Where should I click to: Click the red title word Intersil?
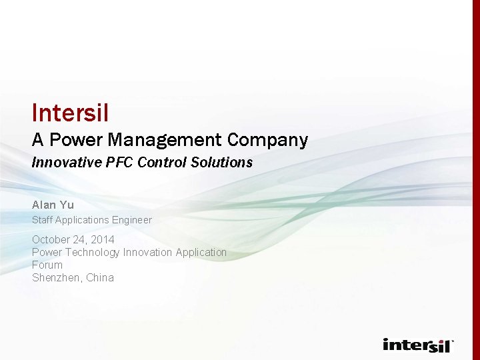70,113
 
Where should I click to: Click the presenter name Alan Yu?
53,205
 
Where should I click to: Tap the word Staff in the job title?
42,220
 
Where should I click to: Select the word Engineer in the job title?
131,220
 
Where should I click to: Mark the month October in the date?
51,239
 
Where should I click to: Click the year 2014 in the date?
103,239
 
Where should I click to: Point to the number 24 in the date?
81,239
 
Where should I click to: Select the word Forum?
47,265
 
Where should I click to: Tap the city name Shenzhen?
56,278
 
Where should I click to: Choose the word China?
100,278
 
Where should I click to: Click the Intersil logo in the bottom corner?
418,345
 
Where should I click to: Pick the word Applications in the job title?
82,220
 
